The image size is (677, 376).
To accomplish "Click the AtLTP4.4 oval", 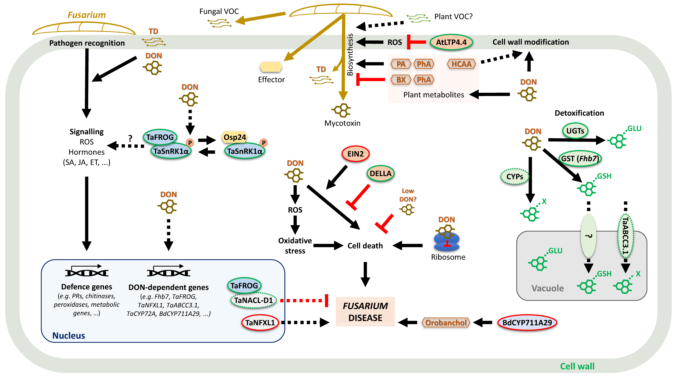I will tap(451, 42).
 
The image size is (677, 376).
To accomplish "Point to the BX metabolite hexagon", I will tap(400, 80).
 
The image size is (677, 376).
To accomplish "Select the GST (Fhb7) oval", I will tap(580, 158).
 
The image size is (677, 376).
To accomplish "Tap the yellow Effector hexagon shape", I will tap(271, 67).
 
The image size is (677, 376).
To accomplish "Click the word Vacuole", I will tap(547, 288).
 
